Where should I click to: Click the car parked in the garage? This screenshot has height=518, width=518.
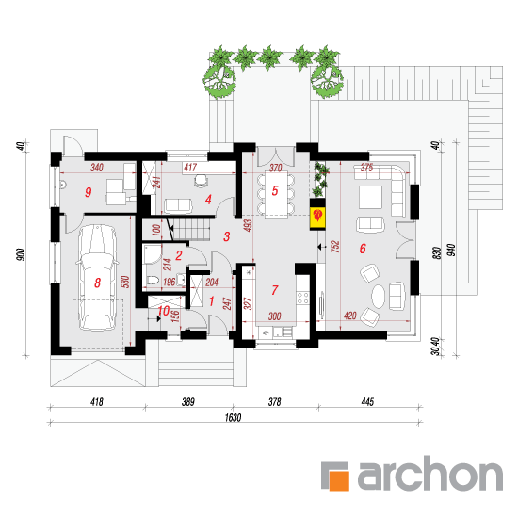tap(97, 278)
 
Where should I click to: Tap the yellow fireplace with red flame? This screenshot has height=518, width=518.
tap(317, 219)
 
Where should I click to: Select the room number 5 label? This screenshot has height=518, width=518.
tap(275, 190)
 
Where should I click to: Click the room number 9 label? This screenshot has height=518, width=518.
tap(88, 192)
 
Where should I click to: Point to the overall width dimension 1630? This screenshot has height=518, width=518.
tap(233, 418)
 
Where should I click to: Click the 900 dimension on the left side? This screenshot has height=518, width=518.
tap(21, 254)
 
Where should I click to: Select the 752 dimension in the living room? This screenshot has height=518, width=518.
tap(335, 247)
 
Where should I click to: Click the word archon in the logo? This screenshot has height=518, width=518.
tap(430, 473)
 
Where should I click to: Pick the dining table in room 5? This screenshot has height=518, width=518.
tap(276, 194)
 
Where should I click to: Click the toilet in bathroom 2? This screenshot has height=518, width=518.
tap(152, 281)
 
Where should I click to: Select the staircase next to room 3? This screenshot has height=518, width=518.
tap(191, 229)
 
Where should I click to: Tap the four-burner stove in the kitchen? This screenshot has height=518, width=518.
tap(302, 298)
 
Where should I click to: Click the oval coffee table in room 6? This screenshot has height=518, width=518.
tap(379, 296)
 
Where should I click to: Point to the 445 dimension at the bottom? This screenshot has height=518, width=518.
tap(367, 402)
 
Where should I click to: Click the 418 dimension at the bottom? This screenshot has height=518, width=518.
tap(97, 402)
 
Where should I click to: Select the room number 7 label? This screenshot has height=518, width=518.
tap(274, 290)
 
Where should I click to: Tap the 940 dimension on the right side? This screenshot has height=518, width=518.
tap(451, 251)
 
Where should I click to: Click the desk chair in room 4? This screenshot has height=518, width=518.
tap(201, 181)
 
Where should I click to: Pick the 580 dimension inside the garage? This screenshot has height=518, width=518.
tap(125, 282)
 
